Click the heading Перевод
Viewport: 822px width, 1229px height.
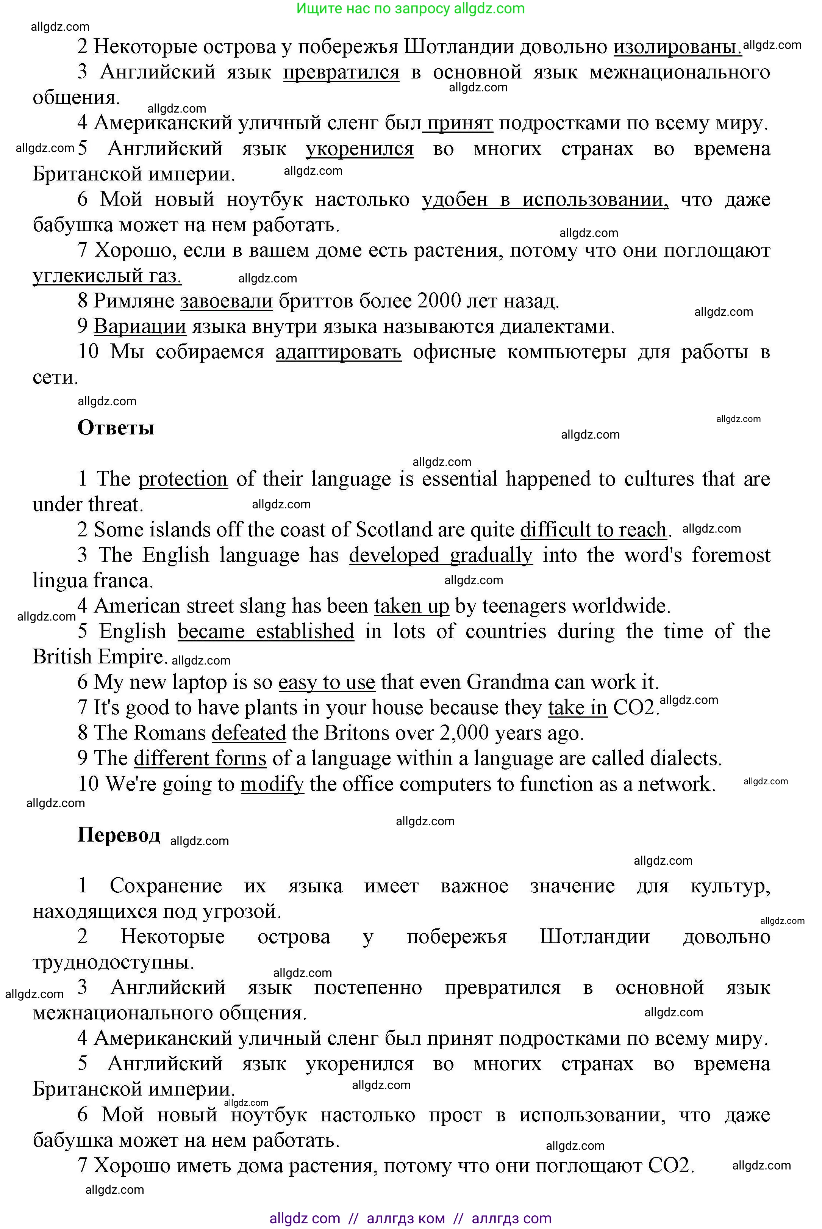[119, 834]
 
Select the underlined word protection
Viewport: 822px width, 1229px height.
[183, 479]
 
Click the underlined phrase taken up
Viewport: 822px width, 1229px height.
[411, 606]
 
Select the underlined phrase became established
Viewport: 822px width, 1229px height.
[266, 631]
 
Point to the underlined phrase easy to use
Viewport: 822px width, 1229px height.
[327, 682]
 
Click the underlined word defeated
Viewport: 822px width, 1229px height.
[248, 733]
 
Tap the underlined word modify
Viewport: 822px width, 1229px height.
[272, 784]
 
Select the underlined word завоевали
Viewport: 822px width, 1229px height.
[227, 301]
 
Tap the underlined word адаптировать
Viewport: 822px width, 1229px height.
[338, 351]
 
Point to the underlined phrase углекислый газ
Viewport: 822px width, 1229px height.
[107, 275]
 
